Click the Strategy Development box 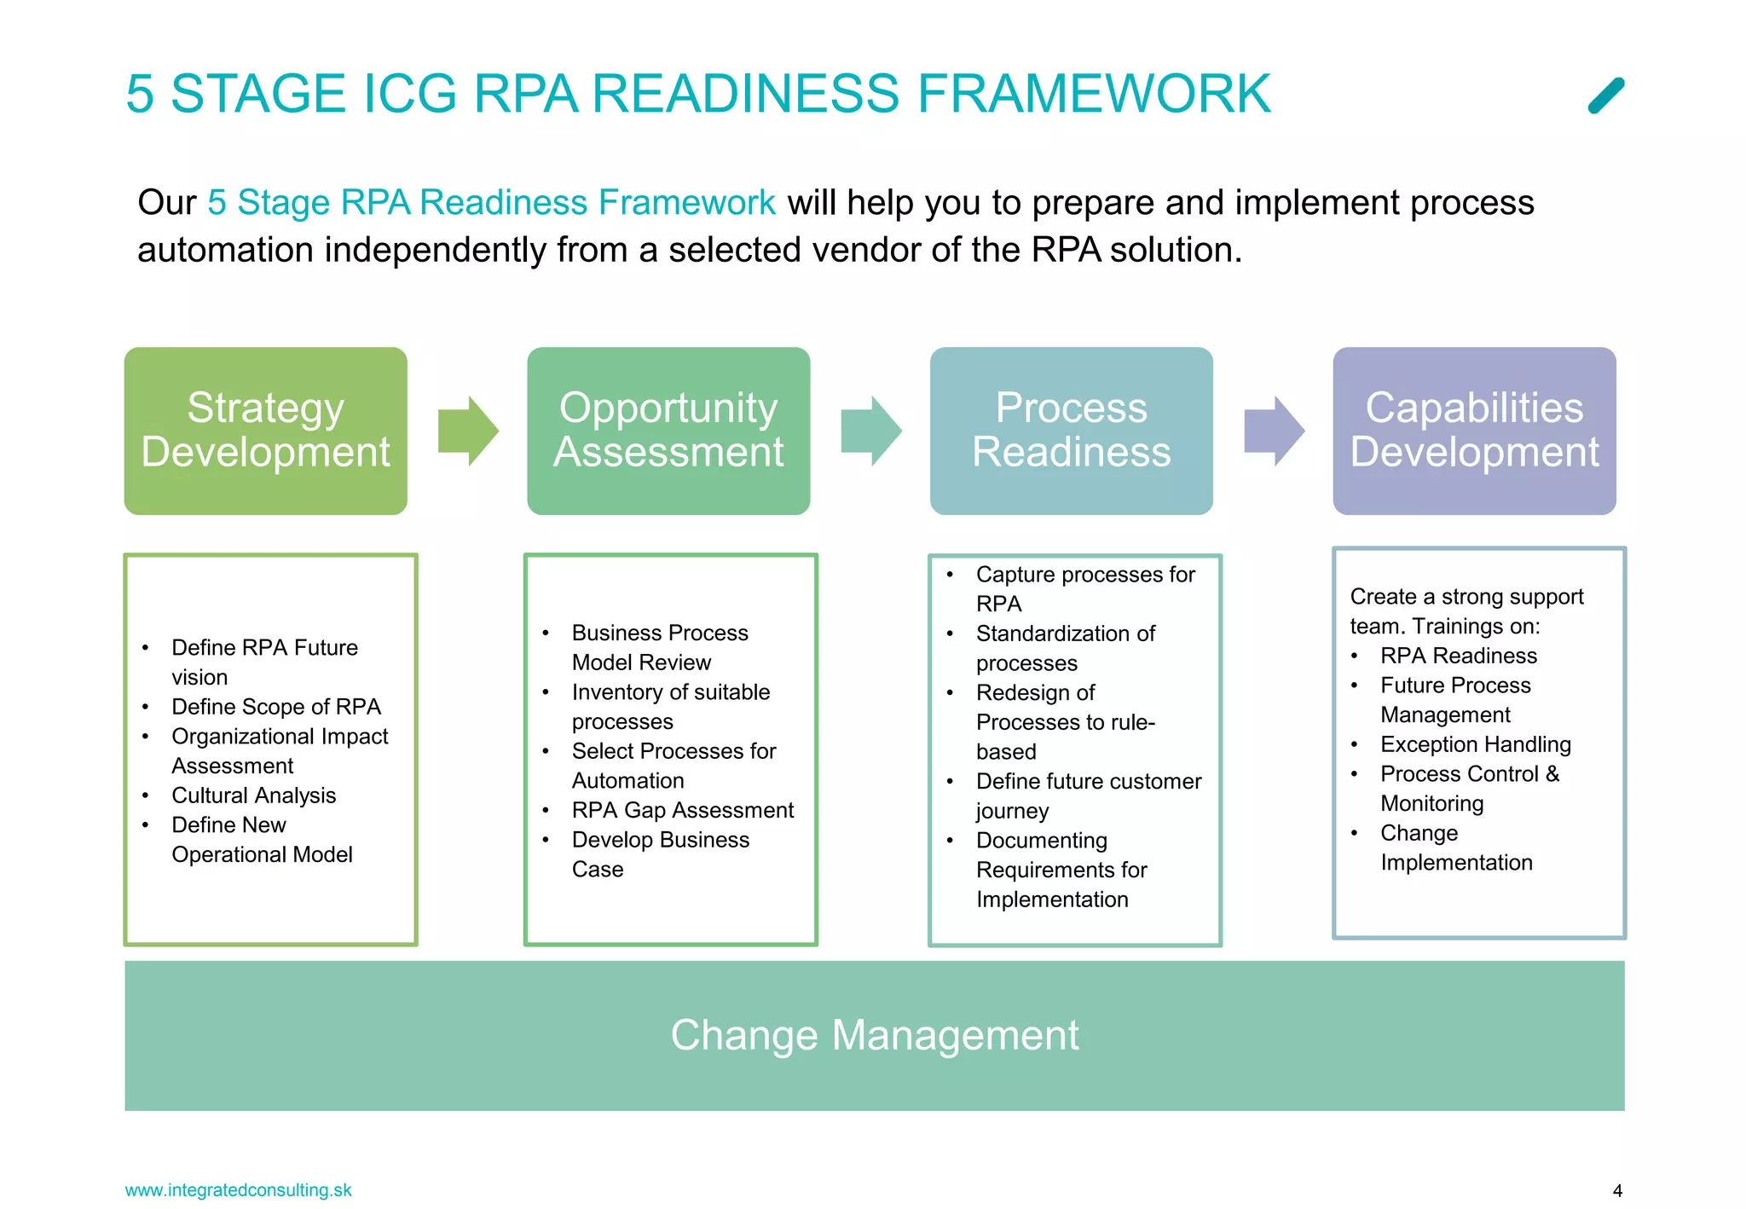click(265, 431)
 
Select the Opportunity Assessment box click(668, 431)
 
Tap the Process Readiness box click(1071, 431)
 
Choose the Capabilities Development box click(1474, 431)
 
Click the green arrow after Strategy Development click(467, 431)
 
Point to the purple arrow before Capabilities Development click(1274, 431)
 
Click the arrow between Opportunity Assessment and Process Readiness click(870, 431)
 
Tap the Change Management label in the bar click(874, 1035)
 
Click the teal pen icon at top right click(1606, 95)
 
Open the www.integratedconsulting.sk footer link click(238, 1190)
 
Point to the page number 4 click(1617, 1191)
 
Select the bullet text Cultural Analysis click(253, 795)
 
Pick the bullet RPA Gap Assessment click(682, 810)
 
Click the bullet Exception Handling click(1475, 744)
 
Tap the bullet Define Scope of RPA click(275, 707)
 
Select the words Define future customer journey click(1088, 795)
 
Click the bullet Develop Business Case click(660, 853)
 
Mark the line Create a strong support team click(1466, 610)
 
